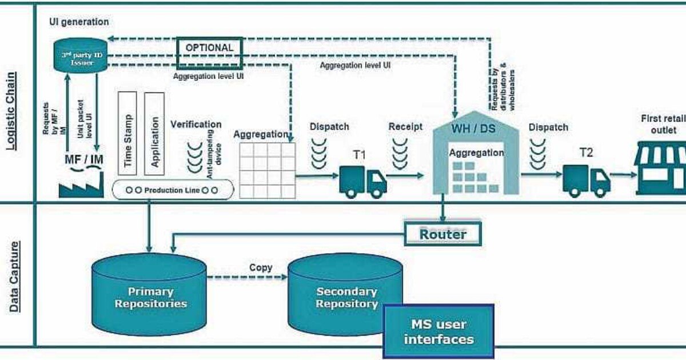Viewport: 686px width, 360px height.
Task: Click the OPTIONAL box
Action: pos(209,48)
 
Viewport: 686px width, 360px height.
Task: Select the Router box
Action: pos(442,234)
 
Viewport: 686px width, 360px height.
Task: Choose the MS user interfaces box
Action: pos(438,331)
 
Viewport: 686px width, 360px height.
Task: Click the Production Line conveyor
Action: pos(173,190)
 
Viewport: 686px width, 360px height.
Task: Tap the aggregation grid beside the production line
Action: pos(268,170)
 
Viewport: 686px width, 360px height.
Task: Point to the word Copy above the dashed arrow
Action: pos(261,267)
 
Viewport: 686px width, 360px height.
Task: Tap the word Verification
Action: pos(196,124)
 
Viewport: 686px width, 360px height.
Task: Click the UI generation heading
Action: pos(79,22)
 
